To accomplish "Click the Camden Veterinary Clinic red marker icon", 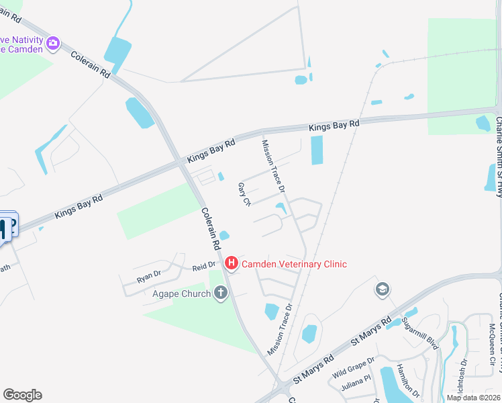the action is (x=232, y=263).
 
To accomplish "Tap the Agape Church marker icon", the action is (x=221, y=292).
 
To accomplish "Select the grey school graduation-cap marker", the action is (x=383, y=289).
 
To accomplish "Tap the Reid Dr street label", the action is (x=203, y=267).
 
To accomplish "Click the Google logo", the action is (x=22, y=395).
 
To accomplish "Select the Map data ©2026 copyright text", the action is (x=472, y=398).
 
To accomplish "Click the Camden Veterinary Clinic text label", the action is (x=294, y=264).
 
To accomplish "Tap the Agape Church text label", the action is (x=181, y=293).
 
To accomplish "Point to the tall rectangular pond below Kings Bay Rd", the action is (x=317, y=150).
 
